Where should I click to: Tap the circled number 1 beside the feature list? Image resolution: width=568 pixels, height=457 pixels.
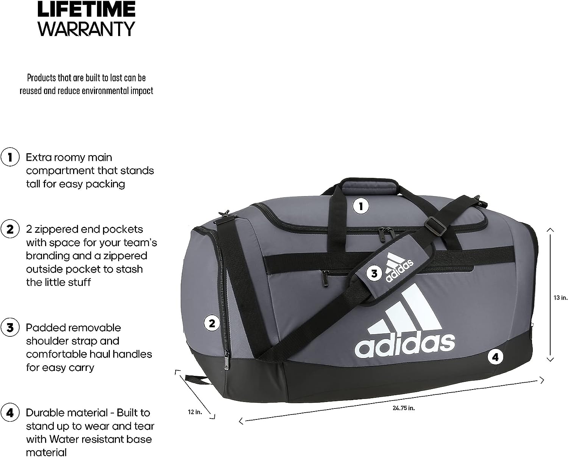10,157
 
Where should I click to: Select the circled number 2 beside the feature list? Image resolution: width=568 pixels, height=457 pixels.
10,229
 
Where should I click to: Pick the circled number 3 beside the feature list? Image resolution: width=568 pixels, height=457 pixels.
10,328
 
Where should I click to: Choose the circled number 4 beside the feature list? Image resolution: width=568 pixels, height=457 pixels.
10,413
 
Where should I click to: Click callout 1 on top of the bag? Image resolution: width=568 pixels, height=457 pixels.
360,206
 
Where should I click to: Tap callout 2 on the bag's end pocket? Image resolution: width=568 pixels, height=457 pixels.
212,323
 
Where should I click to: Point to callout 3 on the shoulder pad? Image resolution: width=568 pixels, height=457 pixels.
374,273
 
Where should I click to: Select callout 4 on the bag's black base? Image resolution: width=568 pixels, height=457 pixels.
495,356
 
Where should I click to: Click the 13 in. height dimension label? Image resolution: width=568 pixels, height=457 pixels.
560,298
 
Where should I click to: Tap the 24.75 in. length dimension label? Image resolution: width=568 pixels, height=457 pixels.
404,408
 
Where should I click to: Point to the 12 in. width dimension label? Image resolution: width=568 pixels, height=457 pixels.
195,411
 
